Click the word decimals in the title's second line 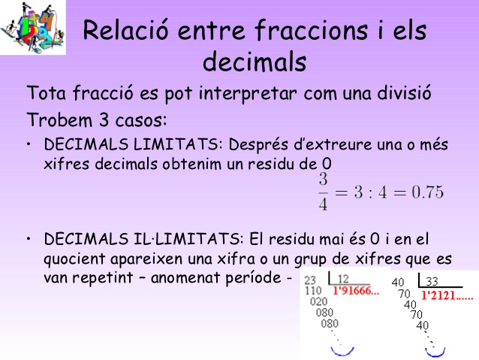pyautogui.click(x=254, y=61)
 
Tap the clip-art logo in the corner pyautogui.click(x=32, y=27)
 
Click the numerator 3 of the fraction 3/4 pyautogui.click(x=323, y=180)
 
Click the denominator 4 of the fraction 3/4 pyautogui.click(x=323, y=204)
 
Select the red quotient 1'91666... pyautogui.click(x=356, y=292)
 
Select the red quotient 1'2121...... pyautogui.click(x=447, y=296)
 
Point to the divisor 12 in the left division pyautogui.click(x=343, y=280)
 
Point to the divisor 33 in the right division pyautogui.click(x=431, y=283)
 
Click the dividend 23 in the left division pyautogui.click(x=312, y=280)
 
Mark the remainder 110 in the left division pyautogui.click(x=312, y=291)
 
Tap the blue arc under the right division pyautogui.click(x=436, y=349)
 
